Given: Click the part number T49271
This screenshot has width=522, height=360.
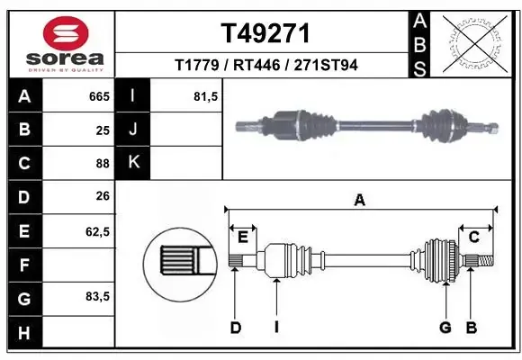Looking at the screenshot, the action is click(x=265, y=33).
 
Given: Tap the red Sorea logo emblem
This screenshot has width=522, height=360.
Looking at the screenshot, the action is click(x=66, y=33).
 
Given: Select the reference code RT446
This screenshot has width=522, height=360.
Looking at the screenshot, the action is click(x=256, y=65).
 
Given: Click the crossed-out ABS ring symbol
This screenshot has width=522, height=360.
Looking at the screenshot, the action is click(x=475, y=43).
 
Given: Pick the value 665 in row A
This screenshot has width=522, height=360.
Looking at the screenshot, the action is click(x=99, y=96).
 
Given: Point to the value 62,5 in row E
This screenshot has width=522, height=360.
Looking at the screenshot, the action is click(x=97, y=231).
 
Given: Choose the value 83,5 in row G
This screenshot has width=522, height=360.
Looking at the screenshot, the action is click(x=97, y=296).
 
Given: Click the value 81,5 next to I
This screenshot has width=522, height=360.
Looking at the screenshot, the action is click(x=206, y=96).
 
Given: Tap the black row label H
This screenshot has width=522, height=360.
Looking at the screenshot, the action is click(x=25, y=333).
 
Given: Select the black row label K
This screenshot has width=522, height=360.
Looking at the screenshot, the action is click(x=133, y=163).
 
